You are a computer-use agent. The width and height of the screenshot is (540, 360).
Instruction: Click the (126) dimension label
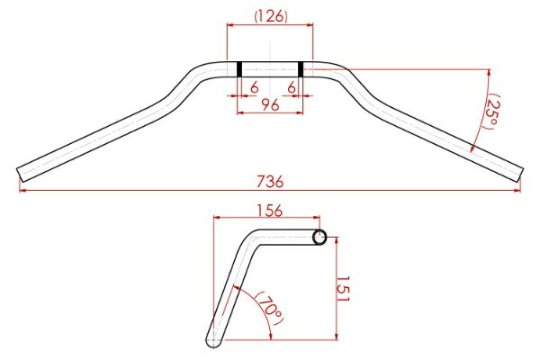pyautogui.click(x=271, y=16)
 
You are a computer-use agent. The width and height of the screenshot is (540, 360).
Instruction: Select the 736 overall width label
pyautogui.click(x=270, y=182)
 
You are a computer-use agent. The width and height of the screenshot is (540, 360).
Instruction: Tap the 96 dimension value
pyautogui.click(x=270, y=104)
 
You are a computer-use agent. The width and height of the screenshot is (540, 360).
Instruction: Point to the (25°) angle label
pyautogui.click(x=492, y=112)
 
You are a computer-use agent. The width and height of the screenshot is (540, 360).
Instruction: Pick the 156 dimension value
pyautogui.click(x=270, y=211)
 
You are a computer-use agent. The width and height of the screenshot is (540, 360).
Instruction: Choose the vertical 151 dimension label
pyautogui.click(x=343, y=289)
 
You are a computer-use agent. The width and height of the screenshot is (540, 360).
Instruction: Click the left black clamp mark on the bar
pyautogui.click(x=239, y=69)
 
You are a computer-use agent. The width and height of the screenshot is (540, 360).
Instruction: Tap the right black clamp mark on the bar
pyautogui.click(x=301, y=69)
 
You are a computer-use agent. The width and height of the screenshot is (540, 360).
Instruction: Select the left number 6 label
pyautogui.click(x=254, y=88)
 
